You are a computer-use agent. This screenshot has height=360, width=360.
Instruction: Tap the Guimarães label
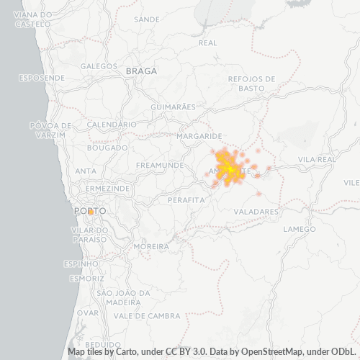(174, 107)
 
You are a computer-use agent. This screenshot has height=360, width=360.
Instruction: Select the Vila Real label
(316, 158)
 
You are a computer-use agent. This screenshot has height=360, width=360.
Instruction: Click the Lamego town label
(300, 229)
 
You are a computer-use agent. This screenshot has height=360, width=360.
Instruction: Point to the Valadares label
(256, 212)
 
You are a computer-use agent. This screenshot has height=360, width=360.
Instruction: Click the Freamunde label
(160, 165)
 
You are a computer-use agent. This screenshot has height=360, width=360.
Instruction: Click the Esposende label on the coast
(40, 77)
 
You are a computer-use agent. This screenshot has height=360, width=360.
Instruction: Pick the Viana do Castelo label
(33, 19)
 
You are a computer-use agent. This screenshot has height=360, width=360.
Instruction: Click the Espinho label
(80, 264)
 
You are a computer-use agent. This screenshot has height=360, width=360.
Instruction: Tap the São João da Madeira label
(123, 297)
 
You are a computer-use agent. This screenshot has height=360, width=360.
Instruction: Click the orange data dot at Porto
(91, 212)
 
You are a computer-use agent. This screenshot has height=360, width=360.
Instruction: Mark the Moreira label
(151, 246)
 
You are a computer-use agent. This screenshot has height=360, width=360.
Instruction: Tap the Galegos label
(99, 66)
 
